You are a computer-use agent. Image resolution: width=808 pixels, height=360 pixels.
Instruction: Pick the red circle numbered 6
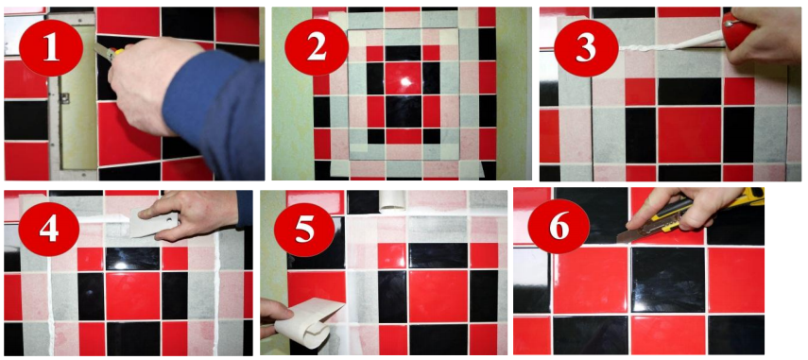point(559,227)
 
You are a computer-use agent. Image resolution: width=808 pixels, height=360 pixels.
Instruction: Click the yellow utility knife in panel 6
point(691,214)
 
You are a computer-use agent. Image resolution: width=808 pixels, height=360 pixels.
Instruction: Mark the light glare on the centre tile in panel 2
point(404,81)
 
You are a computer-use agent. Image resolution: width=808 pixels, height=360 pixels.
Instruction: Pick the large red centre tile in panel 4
point(132,296)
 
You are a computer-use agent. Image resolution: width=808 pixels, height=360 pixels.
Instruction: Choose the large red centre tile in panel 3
point(690,135)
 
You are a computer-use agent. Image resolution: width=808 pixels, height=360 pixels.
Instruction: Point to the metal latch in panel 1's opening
point(64,98)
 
